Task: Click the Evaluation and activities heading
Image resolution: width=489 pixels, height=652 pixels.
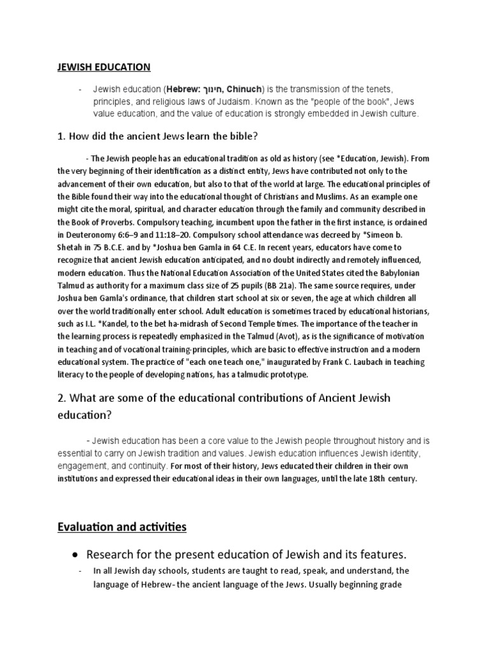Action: [122, 527]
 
